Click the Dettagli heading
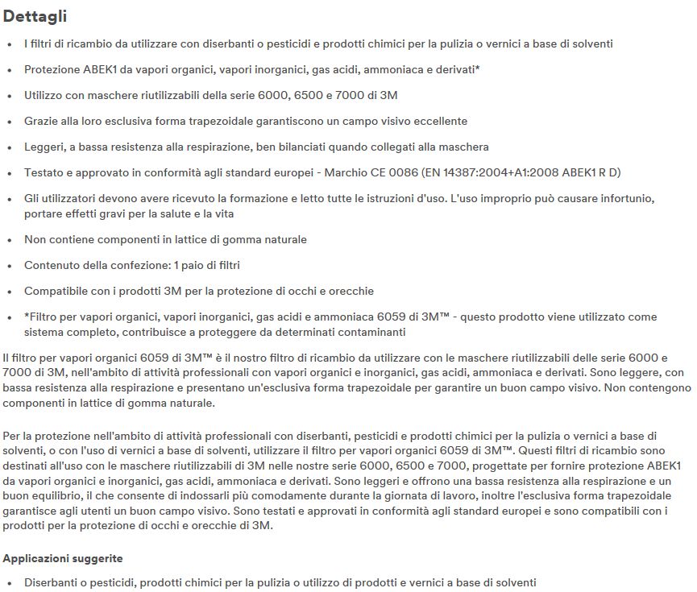[x=35, y=16]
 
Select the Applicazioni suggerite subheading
[x=62, y=557]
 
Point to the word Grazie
[x=41, y=121]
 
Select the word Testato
[x=44, y=172]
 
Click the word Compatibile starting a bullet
[x=56, y=291]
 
